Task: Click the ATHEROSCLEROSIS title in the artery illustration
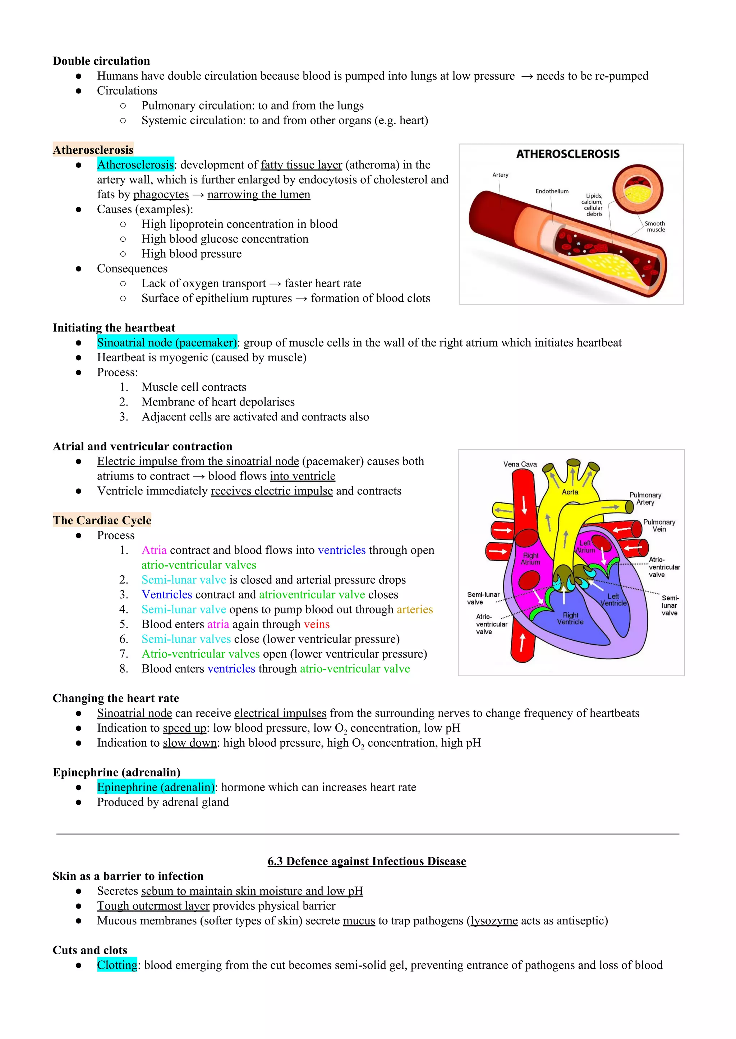567,154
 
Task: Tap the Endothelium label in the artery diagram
552,191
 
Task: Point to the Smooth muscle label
655,227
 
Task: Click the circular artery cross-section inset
638,189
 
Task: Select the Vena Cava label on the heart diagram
520,464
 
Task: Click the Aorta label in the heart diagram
570,492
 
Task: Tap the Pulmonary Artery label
645,498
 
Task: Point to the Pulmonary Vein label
659,525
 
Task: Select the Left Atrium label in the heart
585,547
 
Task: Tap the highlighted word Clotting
117,965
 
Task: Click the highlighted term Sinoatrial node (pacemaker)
167,343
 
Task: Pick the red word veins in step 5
316,624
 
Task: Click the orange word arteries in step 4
415,609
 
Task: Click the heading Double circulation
101,61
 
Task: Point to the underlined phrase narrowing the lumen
259,195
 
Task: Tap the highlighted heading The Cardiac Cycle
102,520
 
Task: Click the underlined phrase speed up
184,728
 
